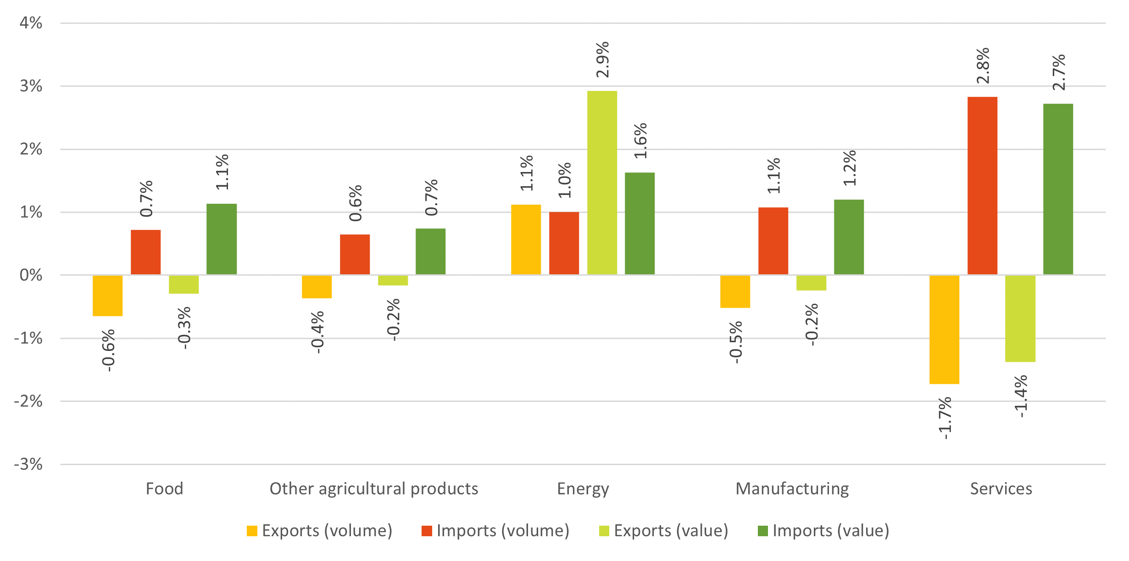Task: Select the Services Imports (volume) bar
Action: (x=982, y=186)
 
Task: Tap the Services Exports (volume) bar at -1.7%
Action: (x=944, y=329)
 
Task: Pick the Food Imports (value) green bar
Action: (x=222, y=239)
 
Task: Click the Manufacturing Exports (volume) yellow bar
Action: (x=735, y=291)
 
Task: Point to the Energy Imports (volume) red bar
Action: (x=564, y=243)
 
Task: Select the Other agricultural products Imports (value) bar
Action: (x=430, y=251)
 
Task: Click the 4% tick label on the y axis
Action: (x=31, y=23)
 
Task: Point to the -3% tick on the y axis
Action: (x=28, y=464)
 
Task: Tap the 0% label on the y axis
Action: (x=31, y=275)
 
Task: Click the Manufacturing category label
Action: (x=792, y=489)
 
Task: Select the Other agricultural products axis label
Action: (x=374, y=489)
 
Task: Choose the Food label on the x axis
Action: (x=164, y=489)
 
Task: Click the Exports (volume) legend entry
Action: (x=320, y=531)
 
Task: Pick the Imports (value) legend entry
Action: (x=823, y=531)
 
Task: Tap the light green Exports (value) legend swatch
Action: (x=604, y=531)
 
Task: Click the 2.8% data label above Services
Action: (x=983, y=66)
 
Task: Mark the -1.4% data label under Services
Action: (x=1021, y=396)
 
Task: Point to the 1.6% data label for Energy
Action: (x=640, y=141)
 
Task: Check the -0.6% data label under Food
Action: (x=109, y=350)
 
